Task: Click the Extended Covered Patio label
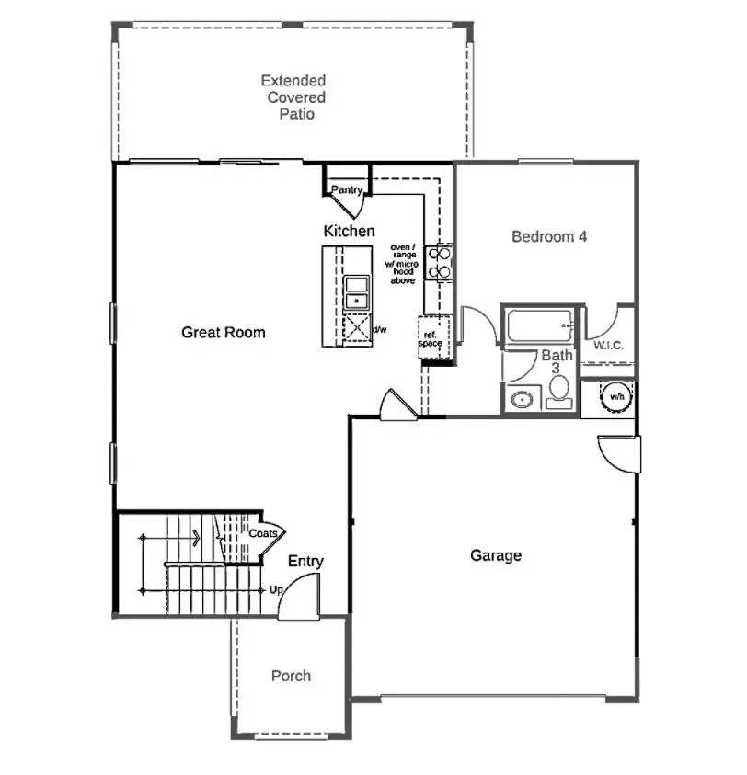pos(293,97)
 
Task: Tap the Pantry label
pos(347,190)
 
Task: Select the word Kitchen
pos(349,231)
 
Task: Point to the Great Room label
pos(223,332)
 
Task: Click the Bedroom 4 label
pos(549,236)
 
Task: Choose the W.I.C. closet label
pos(609,346)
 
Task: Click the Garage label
pos(496,555)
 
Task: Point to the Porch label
pos(291,676)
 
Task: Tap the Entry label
pos(305,561)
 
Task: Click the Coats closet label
pos(263,533)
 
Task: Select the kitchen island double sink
pos(356,291)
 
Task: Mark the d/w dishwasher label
pos(379,329)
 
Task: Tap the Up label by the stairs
pos(276,590)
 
